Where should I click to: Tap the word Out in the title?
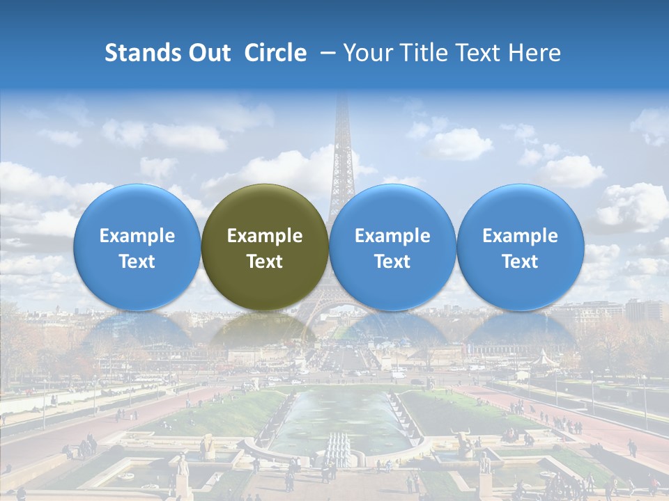(208, 53)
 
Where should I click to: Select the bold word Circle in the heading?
(275, 53)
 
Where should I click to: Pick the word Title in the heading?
(419, 53)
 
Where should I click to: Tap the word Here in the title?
(535, 53)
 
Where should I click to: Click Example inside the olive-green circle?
(265, 236)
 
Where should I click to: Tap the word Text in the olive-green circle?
(265, 262)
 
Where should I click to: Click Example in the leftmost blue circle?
(137, 236)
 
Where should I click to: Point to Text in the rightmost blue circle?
(520, 262)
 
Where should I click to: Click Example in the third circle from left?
(392, 236)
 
